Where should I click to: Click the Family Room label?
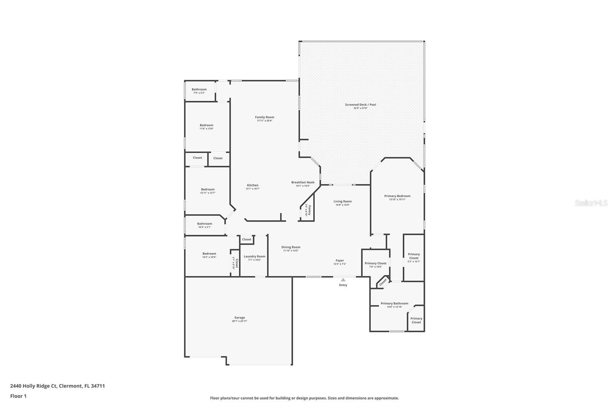click(265, 117)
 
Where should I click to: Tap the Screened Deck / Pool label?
click(360, 105)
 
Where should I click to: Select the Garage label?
click(239, 318)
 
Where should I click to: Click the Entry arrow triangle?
click(343, 280)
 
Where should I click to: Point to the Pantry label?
click(309, 210)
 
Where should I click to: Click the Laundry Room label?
click(254, 256)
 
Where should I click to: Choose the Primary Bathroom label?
click(394, 304)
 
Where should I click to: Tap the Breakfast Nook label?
click(303, 182)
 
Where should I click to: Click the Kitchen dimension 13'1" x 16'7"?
click(252, 189)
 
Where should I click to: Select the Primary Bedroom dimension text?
click(397, 200)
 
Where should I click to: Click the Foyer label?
click(340, 261)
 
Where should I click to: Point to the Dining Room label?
click(291, 247)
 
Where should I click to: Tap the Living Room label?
click(343, 201)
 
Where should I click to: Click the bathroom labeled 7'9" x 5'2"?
click(199, 91)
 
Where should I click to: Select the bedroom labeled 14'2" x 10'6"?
click(209, 255)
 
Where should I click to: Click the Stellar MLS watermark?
click(591, 203)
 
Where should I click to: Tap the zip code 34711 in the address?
click(98, 386)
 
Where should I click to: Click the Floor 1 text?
click(18, 396)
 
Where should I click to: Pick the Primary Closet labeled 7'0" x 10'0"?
click(375, 265)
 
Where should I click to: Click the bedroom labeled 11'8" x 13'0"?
click(206, 127)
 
